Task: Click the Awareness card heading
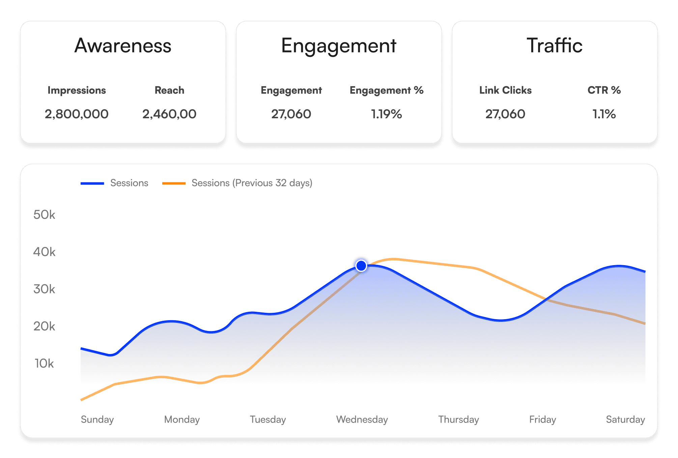click(123, 46)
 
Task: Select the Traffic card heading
click(555, 46)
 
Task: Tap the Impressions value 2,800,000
click(77, 114)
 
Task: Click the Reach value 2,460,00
click(169, 114)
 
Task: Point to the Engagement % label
click(387, 91)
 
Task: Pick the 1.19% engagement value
click(387, 114)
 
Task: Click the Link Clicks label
click(505, 90)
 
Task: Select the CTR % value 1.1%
click(604, 114)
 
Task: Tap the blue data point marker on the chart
click(361, 266)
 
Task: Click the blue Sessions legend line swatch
click(92, 183)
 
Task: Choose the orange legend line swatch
click(174, 183)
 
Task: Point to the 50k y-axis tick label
click(44, 215)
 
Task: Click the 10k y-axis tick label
click(44, 363)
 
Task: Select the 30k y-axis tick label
click(44, 289)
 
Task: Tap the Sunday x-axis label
click(97, 420)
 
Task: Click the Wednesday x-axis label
click(362, 419)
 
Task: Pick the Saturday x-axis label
click(625, 420)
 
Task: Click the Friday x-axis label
click(542, 420)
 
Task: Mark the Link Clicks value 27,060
click(505, 114)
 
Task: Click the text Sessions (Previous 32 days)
click(252, 183)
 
